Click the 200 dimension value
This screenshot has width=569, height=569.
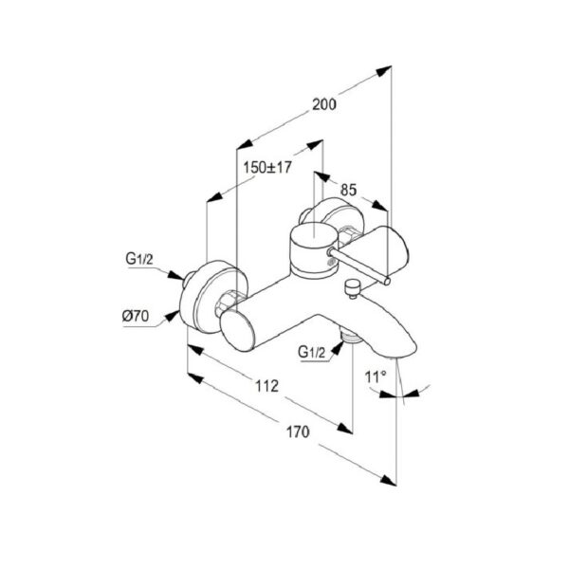pyautogui.click(x=324, y=104)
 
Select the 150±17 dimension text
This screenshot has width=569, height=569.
pyautogui.click(x=267, y=168)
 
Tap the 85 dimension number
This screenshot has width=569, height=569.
pyautogui.click(x=348, y=191)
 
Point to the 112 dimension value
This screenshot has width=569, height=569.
pyautogui.click(x=267, y=386)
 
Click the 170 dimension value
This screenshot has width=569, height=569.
pyautogui.click(x=298, y=431)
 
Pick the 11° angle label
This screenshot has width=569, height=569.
pyautogui.click(x=376, y=377)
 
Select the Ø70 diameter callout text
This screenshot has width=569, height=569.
pyautogui.click(x=136, y=316)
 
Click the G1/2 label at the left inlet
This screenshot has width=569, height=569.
pyautogui.click(x=139, y=259)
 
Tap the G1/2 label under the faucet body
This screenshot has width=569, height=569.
pyautogui.click(x=312, y=352)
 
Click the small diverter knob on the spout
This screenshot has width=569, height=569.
pyautogui.click(x=352, y=288)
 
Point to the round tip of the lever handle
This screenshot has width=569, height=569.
pyautogui.click(x=387, y=281)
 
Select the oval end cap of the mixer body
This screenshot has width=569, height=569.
pyautogui.click(x=236, y=331)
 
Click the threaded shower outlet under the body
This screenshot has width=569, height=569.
pyautogui.click(x=351, y=337)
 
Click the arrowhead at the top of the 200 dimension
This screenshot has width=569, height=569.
pyautogui.click(x=384, y=70)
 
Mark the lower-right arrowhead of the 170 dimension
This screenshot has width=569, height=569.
pyautogui.click(x=388, y=480)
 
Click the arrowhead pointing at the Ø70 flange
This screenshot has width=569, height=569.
pyautogui.click(x=172, y=316)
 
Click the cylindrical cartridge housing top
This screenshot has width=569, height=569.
pyautogui.click(x=314, y=236)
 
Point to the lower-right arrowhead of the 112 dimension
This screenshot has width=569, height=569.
pyautogui.click(x=345, y=429)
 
